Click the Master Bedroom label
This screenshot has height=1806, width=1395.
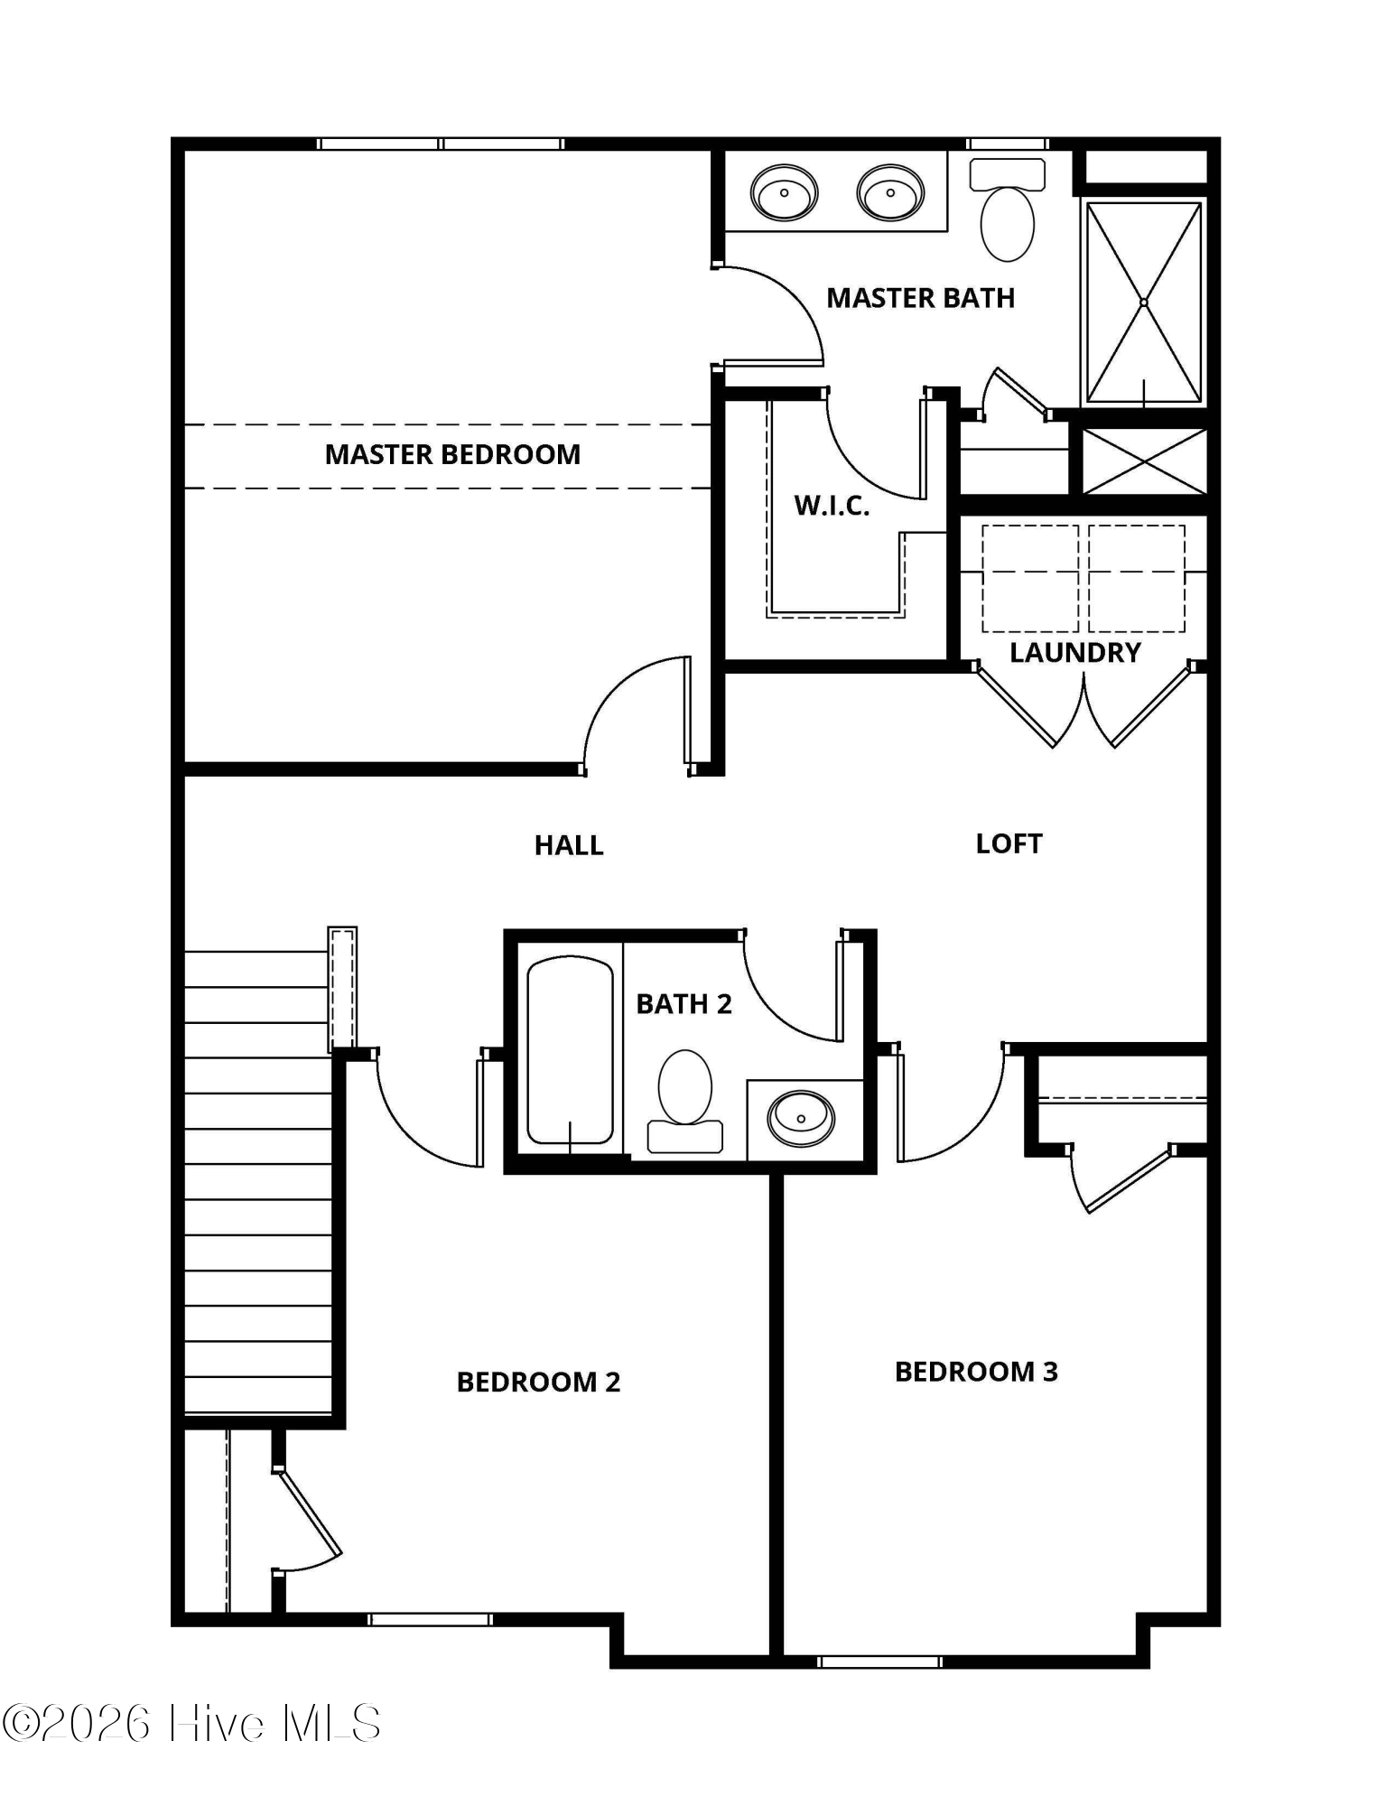pyautogui.click(x=452, y=454)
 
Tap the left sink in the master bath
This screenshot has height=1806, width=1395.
pyautogui.click(x=785, y=192)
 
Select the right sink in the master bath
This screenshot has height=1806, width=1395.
pyautogui.click(x=890, y=192)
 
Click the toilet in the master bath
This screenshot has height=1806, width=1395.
pyautogui.click(x=1007, y=210)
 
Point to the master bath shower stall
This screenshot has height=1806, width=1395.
pyautogui.click(x=1144, y=303)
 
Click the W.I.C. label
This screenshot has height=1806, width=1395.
pyautogui.click(x=832, y=506)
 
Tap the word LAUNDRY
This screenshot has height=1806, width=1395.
pyautogui.click(x=1074, y=652)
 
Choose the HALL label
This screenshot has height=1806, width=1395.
pyautogui.click(x=569, y=845)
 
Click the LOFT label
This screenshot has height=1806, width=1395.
pyautogui.click(x=1009, y=843)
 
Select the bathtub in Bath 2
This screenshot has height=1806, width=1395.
pyautogui.click(x=571, y=1050)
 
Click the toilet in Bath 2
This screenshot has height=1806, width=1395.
pyautogui.click(x=685, y=1101)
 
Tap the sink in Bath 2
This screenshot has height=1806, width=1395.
pyautogui.click(x=801, y=1119)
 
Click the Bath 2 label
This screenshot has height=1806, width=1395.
pyautogui.click(x=684, y=1004)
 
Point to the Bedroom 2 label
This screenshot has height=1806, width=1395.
pyautogui.click(x=538, y=1382)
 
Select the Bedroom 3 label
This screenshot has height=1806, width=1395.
pyautogui.click(x=976, y=1372)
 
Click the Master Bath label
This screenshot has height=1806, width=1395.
pyautogui.click(x=920, y=298)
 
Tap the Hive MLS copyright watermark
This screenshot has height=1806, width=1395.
pyautogui.click(x=191, y=1723)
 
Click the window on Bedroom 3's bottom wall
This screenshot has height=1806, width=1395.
pyautogui.click(x=879, y=1661)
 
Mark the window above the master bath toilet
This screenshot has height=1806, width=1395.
pyautogui.click(x=1008, y=144)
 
